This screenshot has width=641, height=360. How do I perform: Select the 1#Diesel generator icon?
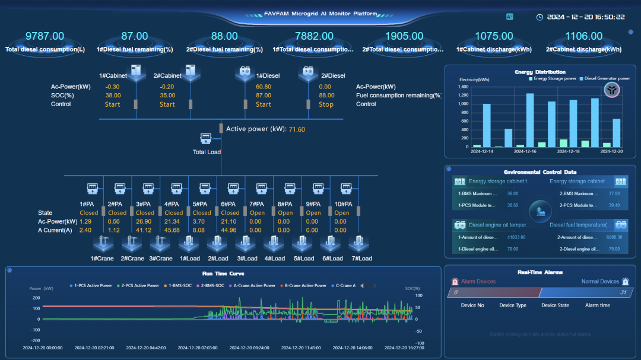[x=245, y=73]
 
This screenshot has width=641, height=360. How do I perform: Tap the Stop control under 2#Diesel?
[x=326, y=104]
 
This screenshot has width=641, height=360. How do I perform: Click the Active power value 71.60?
[x=297, y=129]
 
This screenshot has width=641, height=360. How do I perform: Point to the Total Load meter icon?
[x=206, y=139]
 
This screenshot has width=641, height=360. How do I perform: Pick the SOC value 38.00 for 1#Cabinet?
[x=113, y=95]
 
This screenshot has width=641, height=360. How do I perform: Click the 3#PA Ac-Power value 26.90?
[x=145, y=222]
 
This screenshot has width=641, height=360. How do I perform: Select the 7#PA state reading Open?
[x=257, y=213]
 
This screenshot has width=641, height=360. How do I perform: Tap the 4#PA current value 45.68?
[x=173, y=230]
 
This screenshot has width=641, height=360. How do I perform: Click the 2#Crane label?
[x=132, y=259]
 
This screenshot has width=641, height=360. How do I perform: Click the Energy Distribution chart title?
[x=540, y=72]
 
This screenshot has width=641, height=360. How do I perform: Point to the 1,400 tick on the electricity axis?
[x=463, y=87]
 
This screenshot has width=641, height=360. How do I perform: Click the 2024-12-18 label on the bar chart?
[x=570, y=152]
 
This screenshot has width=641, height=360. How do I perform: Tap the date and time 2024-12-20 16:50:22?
[x=585, y=17]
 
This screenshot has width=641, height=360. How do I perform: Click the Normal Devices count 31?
[x=623, y=292]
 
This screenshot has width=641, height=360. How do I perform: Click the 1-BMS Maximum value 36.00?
[x=513, y=194]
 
